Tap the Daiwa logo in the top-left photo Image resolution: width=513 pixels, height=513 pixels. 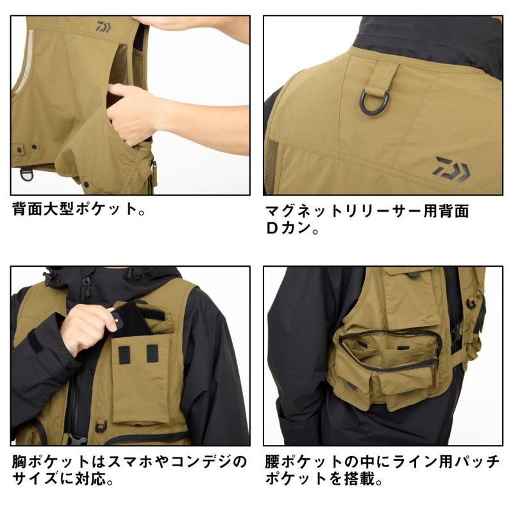[x=103, y=27]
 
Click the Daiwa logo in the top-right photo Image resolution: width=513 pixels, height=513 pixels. [x=452, y=169]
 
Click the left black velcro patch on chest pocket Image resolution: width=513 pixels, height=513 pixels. [x=124, y=355]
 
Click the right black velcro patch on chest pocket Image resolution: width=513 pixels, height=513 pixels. [x=153, y=353]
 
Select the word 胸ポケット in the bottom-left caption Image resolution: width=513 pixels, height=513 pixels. [x=51, y=462]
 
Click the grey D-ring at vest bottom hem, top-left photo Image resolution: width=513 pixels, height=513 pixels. [x=26, y=174]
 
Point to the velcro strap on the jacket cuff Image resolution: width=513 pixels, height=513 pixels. [x=36, y=342]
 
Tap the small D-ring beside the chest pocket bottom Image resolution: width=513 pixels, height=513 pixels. [x=101, y=426]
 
